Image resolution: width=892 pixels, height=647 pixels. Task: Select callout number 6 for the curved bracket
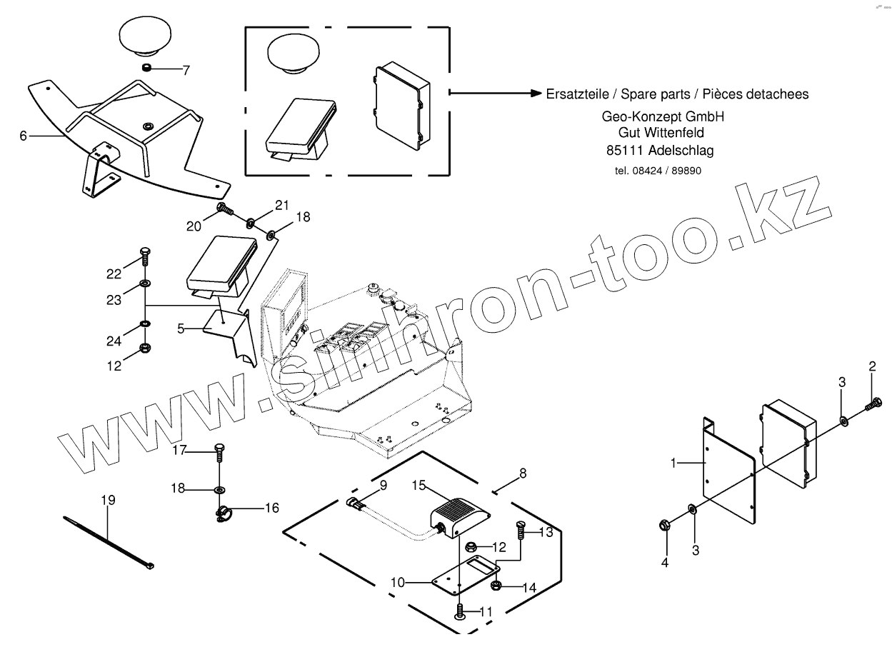click(x=24, y=135)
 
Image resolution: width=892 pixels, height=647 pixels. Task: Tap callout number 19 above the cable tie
click(x=108, y=500)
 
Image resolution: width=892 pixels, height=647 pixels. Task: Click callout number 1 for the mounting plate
click(x=672, y=463)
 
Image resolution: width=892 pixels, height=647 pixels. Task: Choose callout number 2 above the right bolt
click(x=872, y=367)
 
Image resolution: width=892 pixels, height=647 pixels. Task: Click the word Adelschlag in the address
click(x=680, y=151)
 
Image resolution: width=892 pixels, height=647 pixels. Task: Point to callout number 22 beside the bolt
click(x=114, y=274)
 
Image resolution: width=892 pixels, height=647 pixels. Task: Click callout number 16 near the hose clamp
click(x=271, y=508)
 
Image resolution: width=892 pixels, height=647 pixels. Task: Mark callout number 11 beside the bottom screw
click(x=486, y=612)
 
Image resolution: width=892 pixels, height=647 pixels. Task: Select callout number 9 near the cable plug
click(x=383, y=485)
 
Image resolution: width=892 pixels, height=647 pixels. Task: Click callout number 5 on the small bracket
click(x=181, y=329)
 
